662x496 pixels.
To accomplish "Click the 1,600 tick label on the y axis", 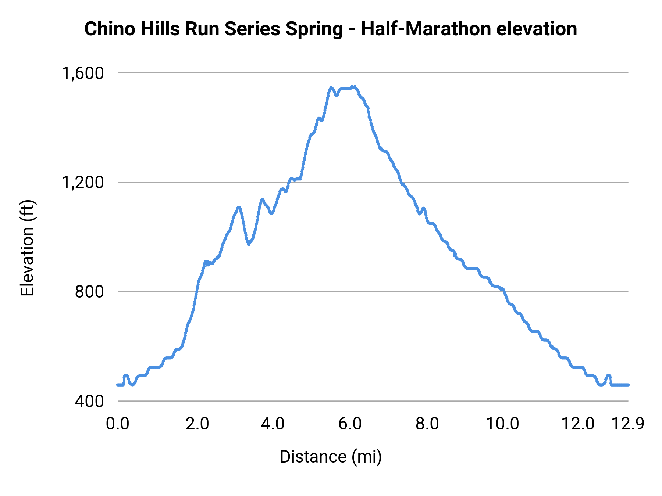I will pyautogui.click(x=83, y=73).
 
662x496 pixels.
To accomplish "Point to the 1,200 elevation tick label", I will pyautogui.click(x=83, y=182).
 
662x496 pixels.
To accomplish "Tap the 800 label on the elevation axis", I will pyautogui.click(x=89, y=292).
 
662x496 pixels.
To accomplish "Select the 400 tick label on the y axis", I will pyautogui.click(x=89, y=401).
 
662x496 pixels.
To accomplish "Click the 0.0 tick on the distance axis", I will pyautogui.click(x=117, y=424).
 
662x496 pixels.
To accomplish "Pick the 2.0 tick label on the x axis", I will pyautogui.click(x=197, y=424).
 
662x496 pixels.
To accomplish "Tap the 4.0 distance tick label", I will pyautogui.click(x=273, y=424).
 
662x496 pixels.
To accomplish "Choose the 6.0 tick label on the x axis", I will pyautogui.click(x=350, y=424).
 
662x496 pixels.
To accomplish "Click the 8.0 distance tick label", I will pyautogui.click(x=427, y=424).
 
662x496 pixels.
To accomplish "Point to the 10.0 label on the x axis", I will pyautogui.click(x=502, y=424).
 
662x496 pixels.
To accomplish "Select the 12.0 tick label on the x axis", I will pyautogui.click(x=578, y=424).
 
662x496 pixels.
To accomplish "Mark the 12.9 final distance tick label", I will pyautogui.click(x=627, y=424).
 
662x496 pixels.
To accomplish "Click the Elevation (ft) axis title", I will pyautogui.click(x=27, y=248).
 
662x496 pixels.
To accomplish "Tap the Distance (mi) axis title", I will pyautogui.click(x=331, y=457).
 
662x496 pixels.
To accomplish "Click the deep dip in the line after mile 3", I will pyautogui.click(x=249, y=244).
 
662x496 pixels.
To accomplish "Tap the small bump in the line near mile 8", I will pyautogui.click(x=423, y=209).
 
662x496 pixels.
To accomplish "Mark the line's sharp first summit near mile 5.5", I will pyautogui.click(x=331, y=87).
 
